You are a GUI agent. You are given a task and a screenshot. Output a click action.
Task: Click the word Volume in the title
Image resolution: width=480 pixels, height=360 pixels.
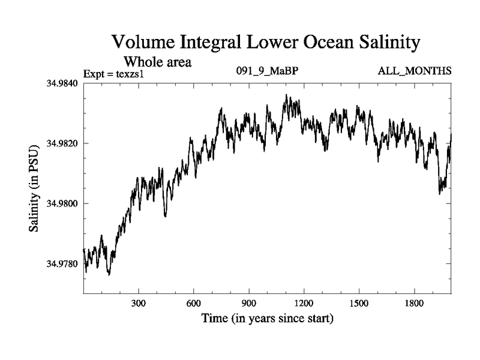click(x=143, y=43)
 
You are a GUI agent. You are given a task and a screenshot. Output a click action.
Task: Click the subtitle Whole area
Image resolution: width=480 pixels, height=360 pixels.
click(x=157, y=62)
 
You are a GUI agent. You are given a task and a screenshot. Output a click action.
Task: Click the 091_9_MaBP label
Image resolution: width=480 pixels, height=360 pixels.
click(x=268, y=71)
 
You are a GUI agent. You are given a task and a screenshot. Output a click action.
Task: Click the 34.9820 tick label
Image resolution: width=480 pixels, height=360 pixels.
click(x=62, y=143)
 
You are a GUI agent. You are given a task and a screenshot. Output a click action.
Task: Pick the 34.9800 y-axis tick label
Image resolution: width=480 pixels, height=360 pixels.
click(x=62, y=203)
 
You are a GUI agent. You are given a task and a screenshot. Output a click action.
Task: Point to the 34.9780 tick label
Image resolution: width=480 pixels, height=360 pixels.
click(x=62, y=264)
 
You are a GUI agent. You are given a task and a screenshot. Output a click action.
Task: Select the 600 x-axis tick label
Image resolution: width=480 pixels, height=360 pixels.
click(x=194, y=304)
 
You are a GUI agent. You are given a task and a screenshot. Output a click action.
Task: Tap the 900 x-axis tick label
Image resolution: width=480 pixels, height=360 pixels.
click(x=249, y=304)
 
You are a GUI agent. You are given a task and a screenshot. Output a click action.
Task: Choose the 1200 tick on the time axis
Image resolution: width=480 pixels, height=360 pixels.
click(x=304, y=304)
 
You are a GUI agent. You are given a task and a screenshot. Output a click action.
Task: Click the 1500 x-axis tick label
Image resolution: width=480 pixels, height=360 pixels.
click(x=359, y=304)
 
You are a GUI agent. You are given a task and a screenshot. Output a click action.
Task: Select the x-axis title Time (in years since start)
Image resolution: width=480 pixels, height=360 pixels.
click(x=267, y=318)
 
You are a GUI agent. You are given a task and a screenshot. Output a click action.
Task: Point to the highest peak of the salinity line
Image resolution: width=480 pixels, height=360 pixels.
click(x=287, y=95)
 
